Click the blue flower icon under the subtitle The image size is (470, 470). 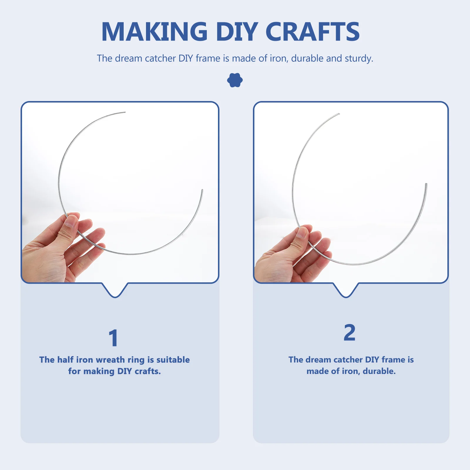235,80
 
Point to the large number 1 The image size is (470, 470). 113,338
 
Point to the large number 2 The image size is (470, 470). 350,333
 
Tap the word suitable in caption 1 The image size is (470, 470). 173,360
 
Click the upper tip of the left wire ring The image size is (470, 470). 125,112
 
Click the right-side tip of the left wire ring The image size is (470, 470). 202,190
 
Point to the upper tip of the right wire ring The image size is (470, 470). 339,114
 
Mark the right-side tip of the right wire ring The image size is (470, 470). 426,184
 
